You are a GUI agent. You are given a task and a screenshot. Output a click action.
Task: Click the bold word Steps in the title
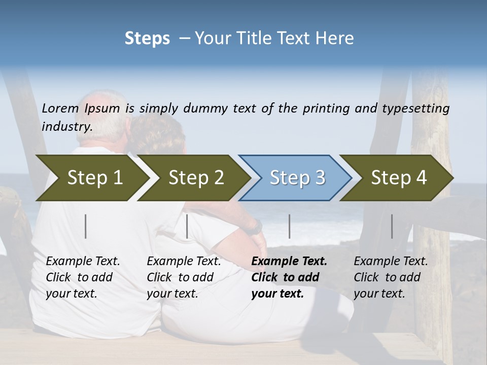click(x=147, y=39)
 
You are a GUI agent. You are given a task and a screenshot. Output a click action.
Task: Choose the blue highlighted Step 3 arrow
click(x=297, y=177)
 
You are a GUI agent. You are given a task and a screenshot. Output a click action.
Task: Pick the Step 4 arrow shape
click(x=399, y=177)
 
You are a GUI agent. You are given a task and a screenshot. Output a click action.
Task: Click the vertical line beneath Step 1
click(x=86, y=226)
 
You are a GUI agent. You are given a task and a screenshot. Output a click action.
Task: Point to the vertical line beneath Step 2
click(x=187, y=226)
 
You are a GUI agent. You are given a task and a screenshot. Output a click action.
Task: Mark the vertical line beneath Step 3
click(x=289, y=226)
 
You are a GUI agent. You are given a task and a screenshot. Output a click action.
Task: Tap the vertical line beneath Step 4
click(x=392, y=226)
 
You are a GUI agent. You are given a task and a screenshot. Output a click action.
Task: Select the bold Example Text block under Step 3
click(x=289, y=277)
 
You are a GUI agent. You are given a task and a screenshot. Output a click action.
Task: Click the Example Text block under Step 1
click(x=83, y=277)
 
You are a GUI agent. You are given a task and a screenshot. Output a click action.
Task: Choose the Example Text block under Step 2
click(x=184, y=277)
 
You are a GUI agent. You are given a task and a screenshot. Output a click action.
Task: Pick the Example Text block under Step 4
click(x=391, y=277)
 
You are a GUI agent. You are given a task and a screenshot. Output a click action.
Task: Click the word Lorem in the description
click(x=60, y=108)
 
